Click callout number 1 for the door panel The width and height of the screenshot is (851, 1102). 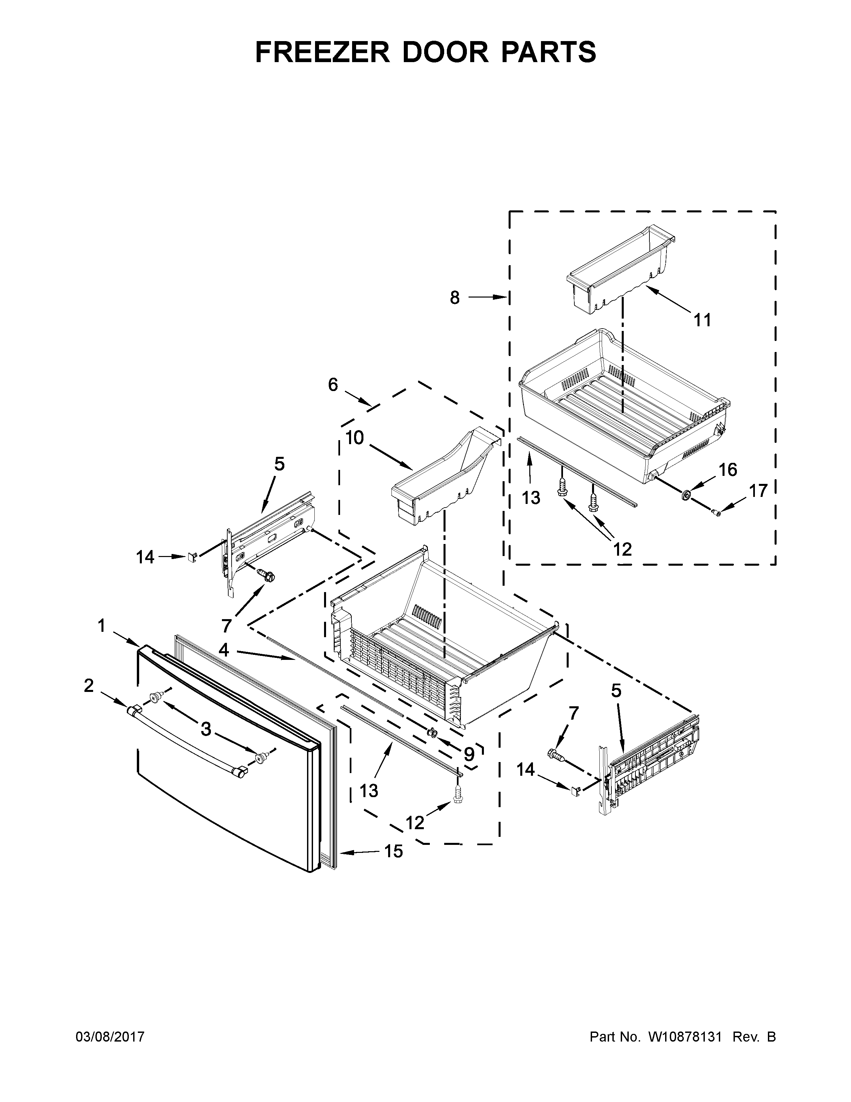coord(102,626)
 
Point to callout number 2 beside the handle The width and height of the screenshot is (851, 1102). coord(89,686)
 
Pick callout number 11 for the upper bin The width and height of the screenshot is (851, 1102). coord(702,319)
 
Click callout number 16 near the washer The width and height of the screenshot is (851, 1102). coord(728,470)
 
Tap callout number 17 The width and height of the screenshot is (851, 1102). coord(758,491)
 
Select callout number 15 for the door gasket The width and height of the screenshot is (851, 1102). coord(394,851)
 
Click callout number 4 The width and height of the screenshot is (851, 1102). coord(224,651)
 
